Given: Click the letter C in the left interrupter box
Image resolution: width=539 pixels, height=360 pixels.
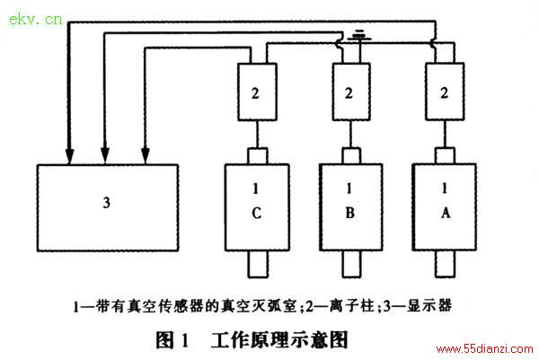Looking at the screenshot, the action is click(x=256, y=213).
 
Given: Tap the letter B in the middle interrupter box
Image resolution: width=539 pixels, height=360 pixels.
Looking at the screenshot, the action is click(x=350, y=213).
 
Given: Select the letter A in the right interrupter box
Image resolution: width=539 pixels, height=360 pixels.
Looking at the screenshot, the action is click(x=446, y=213).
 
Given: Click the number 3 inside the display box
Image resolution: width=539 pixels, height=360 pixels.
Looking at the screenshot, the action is click(x=107, y=202).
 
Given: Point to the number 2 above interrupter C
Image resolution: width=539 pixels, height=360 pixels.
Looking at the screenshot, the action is click(x=255, y=93).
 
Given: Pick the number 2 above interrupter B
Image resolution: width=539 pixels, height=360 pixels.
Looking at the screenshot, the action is click(x=349, y=93).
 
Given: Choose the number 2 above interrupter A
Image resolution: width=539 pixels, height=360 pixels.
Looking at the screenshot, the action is click(x=444, y=92).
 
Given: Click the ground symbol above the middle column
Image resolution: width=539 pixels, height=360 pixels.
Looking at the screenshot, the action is click(x=359, y=36).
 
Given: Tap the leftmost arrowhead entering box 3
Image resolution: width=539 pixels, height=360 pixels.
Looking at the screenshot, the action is click(x=70, y=156).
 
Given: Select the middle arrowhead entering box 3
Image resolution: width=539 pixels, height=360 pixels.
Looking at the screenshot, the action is click(x=105, y=156).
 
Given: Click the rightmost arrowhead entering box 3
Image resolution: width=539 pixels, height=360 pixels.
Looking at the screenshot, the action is click(x=146, y=156).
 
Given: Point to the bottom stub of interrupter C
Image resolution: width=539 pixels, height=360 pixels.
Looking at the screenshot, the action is click(x=258, y=264).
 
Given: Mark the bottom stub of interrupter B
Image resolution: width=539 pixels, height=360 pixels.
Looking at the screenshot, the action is click(x=351, y=264).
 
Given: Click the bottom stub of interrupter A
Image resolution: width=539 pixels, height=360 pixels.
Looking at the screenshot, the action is click(x=445, y=264).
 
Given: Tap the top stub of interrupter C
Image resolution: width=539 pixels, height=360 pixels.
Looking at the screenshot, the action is click(x=258, y=156).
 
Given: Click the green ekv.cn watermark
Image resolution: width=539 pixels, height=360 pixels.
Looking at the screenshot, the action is click(x=35, y=19).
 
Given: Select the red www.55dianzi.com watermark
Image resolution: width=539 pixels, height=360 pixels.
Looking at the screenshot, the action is click(x=484, y=349).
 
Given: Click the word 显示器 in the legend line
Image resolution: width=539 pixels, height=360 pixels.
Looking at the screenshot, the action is click(x=429, y=305).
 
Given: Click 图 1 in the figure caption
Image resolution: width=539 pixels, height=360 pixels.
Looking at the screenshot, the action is click(x=172, y=339).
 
